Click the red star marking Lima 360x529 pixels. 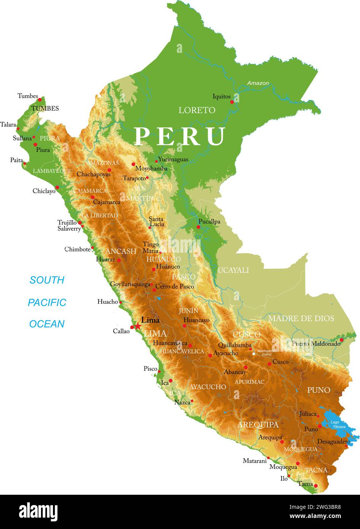click(138, 327)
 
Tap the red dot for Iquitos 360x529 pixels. click(232, 102)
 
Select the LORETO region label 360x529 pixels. click(197, 110)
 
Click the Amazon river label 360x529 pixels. click(258, 83)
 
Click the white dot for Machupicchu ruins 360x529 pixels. click(254, 354)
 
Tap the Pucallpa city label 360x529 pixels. click(209, 221)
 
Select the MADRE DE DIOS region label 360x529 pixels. click(301, 319)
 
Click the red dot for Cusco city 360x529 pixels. click(269, 364)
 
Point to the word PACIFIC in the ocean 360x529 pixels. click(47, 303)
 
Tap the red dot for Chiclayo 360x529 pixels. click(57, 187)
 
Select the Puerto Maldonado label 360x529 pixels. click(316, 344)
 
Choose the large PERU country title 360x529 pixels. click(180, 136)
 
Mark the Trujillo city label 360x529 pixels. click(67, 222)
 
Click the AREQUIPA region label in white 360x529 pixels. click(258, 425)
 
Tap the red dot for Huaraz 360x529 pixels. click(119, 260)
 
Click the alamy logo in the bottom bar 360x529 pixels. click(38, 512)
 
